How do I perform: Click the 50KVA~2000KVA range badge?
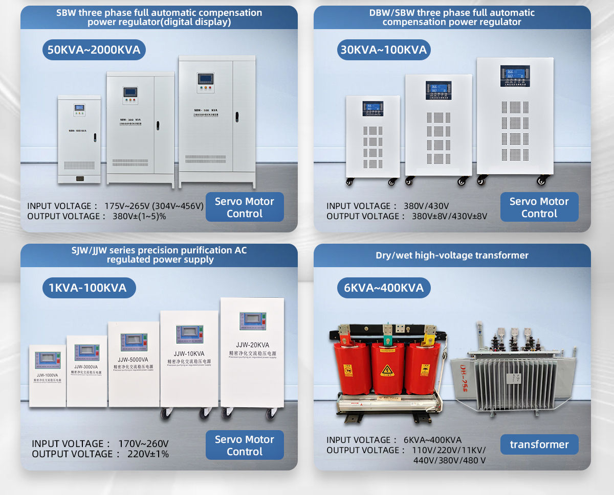[94, 50]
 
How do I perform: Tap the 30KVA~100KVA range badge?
[384, 50]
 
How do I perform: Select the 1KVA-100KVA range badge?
[88, 288]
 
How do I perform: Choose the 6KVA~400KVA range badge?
[384, 288]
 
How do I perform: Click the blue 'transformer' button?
[539, 444]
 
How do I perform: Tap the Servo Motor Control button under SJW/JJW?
[245, 445]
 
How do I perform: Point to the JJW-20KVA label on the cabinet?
[253, 345]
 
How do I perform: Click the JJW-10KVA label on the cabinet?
[189, 353]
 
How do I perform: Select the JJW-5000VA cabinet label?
[134, 359]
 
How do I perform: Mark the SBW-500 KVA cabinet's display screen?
[205, 79]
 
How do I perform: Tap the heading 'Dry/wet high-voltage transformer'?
[452, 255]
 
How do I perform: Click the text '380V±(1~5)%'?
[139, 216]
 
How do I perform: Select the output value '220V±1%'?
[141, 454]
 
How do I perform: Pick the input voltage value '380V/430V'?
[426, 206]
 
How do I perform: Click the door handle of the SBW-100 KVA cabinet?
[95, 137]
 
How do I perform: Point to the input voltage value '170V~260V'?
[143, 444]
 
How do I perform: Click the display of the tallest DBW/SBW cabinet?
[515, 76]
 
